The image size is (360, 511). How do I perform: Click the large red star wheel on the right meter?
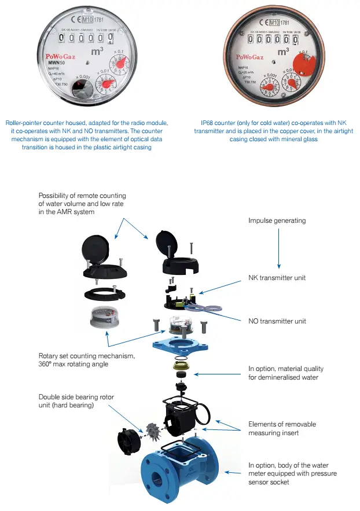(x=304, y=62)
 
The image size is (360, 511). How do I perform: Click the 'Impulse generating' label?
(x=277, y=221)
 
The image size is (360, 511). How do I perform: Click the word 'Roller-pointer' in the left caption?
(x=26, y=123)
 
